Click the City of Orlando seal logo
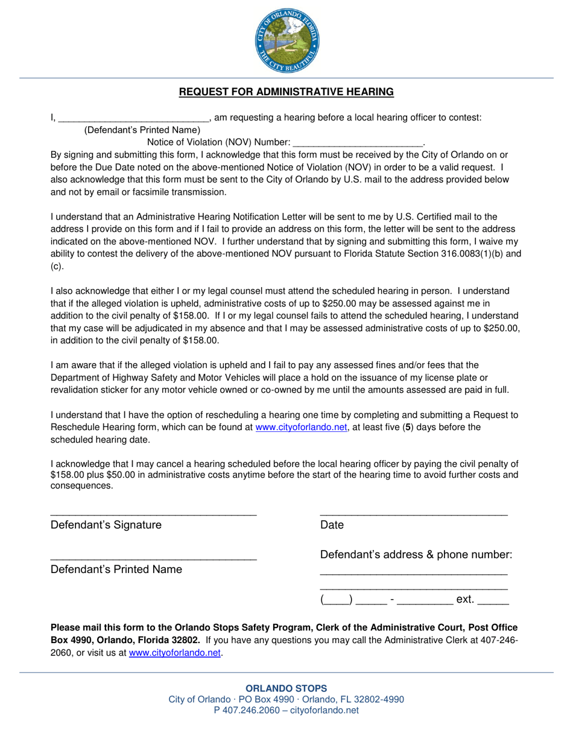coord(286,43)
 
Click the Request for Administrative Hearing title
coord(286,92)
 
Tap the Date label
coord(332,525)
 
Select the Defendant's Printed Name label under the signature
coord(116,569)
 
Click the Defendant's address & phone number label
coord(416,555)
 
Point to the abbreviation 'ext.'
coord(465,600)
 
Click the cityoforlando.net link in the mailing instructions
coord(175,653)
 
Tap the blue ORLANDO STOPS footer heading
coord(286,688)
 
